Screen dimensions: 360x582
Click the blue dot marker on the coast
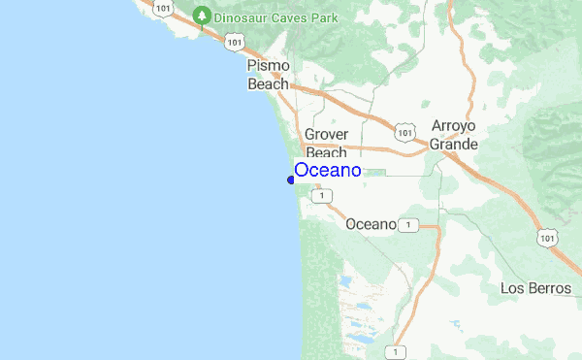(x=291, y=180)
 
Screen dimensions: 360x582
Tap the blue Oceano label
(x=328, y=171)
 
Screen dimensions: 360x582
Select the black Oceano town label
(x=371, y=224)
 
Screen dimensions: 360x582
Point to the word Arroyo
(x=455, y=126)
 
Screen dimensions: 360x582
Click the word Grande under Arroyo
(x=455, y=145)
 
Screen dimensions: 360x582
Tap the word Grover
(x=326, y=135)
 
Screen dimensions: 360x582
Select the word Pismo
(x=269, y=66)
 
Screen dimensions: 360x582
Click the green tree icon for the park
(x=202, y=16)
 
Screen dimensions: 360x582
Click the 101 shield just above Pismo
(x=235, y=42)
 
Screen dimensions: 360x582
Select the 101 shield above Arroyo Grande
(x=406, y=130)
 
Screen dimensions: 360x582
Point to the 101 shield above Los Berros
(x=550, y=237)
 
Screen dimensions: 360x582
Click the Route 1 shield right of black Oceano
(x=409, y=225)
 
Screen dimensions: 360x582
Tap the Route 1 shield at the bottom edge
(x=396, y=350)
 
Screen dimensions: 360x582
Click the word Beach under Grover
(x=326, y=152)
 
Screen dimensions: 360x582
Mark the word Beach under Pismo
(x=268, y=84)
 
